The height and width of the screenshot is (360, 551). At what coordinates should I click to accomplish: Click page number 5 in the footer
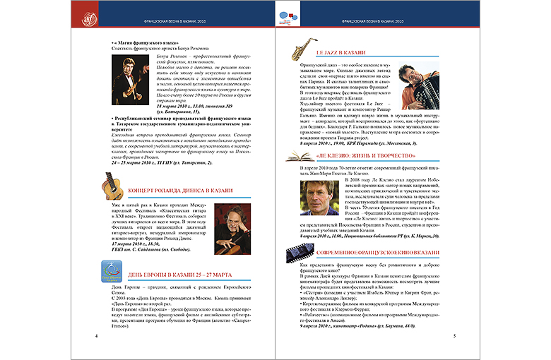click(x=452, y=335)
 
